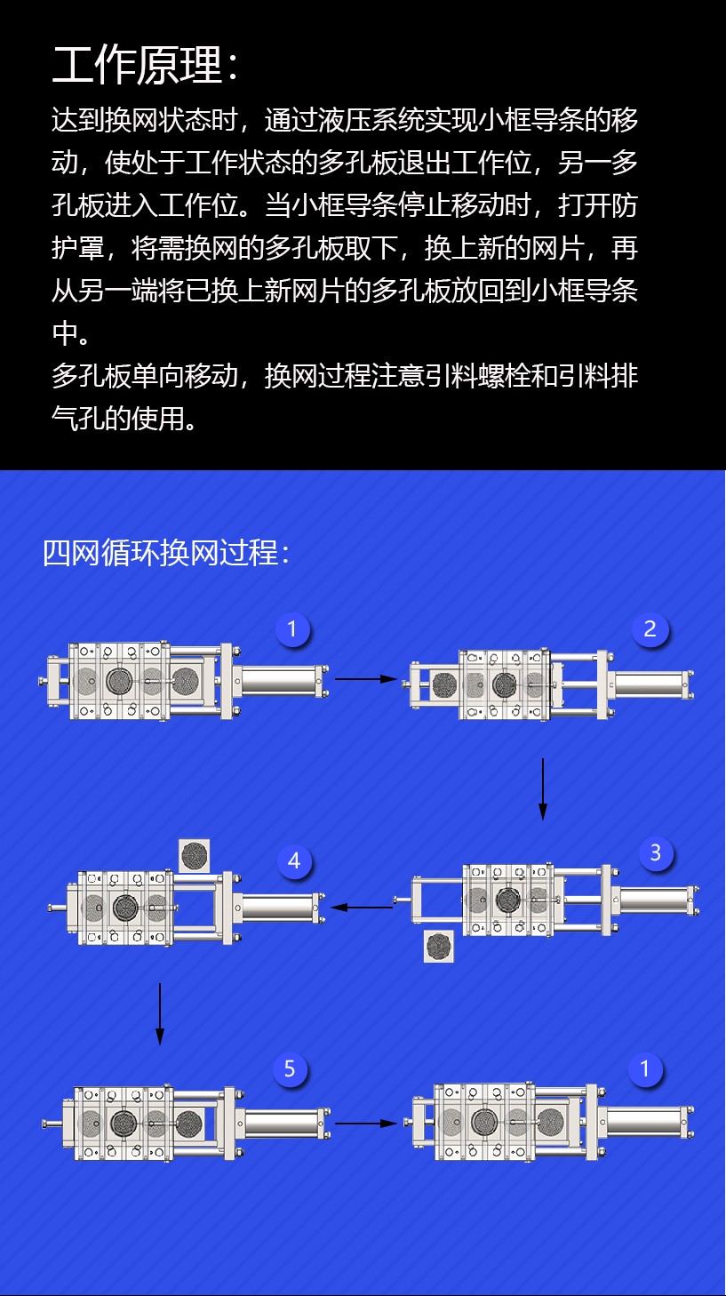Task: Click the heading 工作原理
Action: click(137, 65)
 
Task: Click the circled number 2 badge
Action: click(650, 629)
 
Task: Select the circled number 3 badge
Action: click(656, 852)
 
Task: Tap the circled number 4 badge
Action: click(294, 861)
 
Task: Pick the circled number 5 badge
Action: click(290, 1068)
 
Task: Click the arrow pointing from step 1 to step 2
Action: click(366, 678)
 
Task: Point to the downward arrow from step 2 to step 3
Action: click(543, 789)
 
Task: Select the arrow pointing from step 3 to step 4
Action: click(363, 907)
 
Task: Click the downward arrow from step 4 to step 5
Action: click(160, 1013)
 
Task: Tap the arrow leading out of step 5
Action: click(366, 1123)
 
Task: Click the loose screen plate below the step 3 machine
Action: click(438, 947)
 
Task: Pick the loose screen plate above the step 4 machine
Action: click(194, 856)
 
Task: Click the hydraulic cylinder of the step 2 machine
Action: click(650, 685)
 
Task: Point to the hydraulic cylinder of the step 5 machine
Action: click(283, 1123)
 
